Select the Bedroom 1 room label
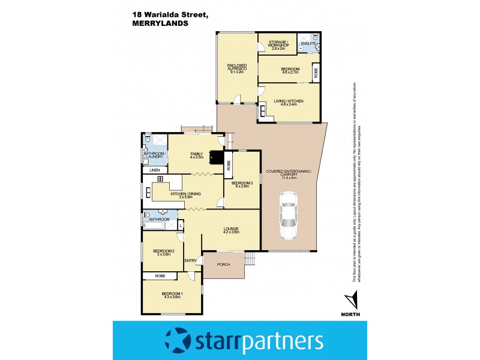pos(172,295)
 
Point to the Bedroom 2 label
pos(163,252)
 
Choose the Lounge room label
pos(231,230)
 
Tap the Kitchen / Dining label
pos(185,195)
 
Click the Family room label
pos(197,156)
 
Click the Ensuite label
pos(308,44)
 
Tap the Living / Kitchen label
pos(289,102)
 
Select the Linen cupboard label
pos(154,170)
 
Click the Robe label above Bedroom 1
pos(160,276)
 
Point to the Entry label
pos(191,260)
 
